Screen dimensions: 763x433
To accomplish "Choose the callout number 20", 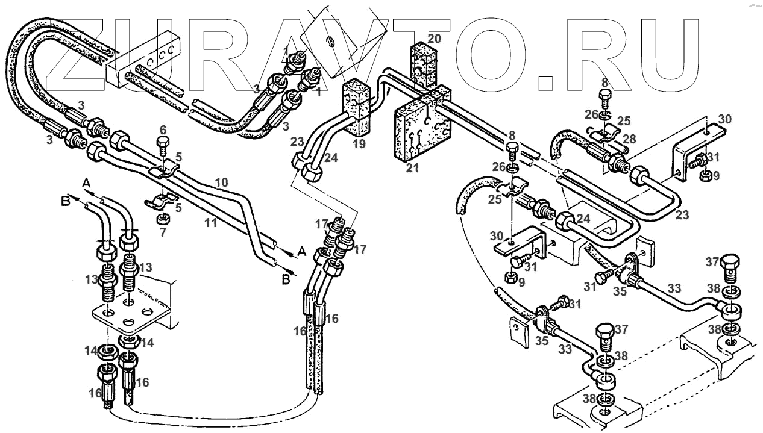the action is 435,39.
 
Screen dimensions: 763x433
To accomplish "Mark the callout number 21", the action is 412,168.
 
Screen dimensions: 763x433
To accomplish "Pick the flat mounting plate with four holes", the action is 131,316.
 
